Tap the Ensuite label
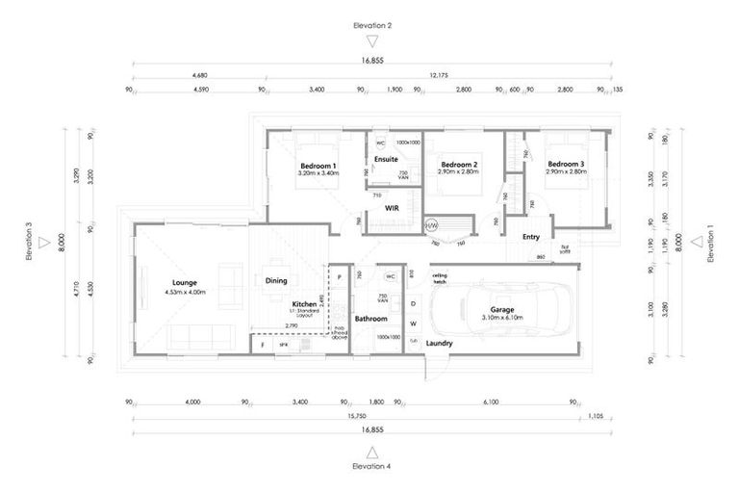386,158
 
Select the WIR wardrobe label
392,206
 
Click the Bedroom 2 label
459,165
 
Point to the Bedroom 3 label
566,165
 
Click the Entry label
531,236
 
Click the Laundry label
440,343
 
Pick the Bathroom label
370,318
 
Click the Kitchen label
304,303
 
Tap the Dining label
276,281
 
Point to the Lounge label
185,282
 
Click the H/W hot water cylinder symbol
431,225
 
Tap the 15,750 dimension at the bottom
356,418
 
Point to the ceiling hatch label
440,278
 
